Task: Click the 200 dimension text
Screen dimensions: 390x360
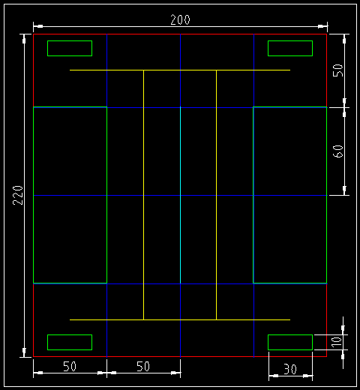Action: point(180,20)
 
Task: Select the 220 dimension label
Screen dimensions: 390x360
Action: point(19,195)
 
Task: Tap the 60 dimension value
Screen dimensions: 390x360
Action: point(338,151)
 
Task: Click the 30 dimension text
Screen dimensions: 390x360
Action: point(289,368)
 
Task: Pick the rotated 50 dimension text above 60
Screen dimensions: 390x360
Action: point(338,70)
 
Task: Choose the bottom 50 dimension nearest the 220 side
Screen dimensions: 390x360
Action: point(70,366)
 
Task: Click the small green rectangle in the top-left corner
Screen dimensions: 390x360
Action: point(70,49)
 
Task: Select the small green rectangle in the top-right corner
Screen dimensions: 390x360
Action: point(290,49)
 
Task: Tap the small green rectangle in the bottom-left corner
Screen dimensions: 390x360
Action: point(70,342)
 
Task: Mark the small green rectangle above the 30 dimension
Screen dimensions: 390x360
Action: point(290,342)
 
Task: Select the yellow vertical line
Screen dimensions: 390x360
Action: point(216,225)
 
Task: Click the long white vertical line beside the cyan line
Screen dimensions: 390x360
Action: point(143,225)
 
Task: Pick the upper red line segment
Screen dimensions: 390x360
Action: point(33,70)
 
